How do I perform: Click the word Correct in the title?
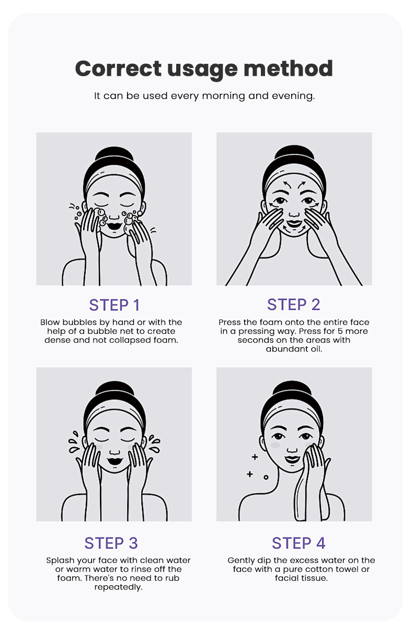pyautogui.click(x=118, y=69)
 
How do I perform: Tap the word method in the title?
pyautogui.click(x=288, y=68)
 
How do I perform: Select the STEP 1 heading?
pyautogui.click(x=114, y=305)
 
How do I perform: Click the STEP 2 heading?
pyautogui.click(x=294, y=304)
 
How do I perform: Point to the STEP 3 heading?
pyautogui.click(x=111, y=543)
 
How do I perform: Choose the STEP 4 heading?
pyautogui.click(x=299, y=543)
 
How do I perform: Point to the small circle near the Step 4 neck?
pyautogui.click(x=266, y=477)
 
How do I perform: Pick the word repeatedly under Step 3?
pyautogui.click(x=118, y=587)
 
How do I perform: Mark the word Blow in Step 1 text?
pyautogui.click(x=50, y=322)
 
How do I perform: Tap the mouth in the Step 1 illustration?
pyautogui.click(x=114, y=226)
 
